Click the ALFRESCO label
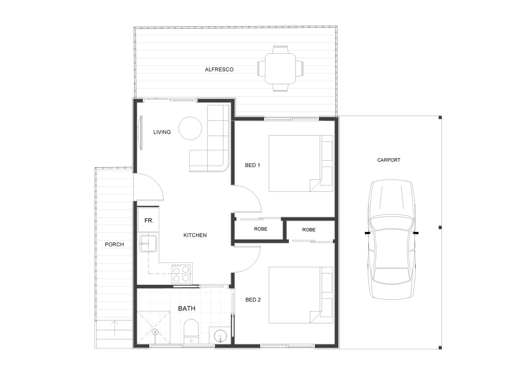219,70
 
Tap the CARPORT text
389,160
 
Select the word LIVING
162,132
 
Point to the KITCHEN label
195,235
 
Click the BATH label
187,308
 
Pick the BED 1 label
252,165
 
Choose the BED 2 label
253,300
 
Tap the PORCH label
114,244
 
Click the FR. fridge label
149,221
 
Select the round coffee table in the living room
190,128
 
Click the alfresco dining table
281,69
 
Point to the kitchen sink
148,243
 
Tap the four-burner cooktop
182,273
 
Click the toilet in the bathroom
191,331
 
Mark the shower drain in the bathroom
155,330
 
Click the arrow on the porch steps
115,328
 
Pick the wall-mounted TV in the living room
141,133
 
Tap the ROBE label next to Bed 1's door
261,229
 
